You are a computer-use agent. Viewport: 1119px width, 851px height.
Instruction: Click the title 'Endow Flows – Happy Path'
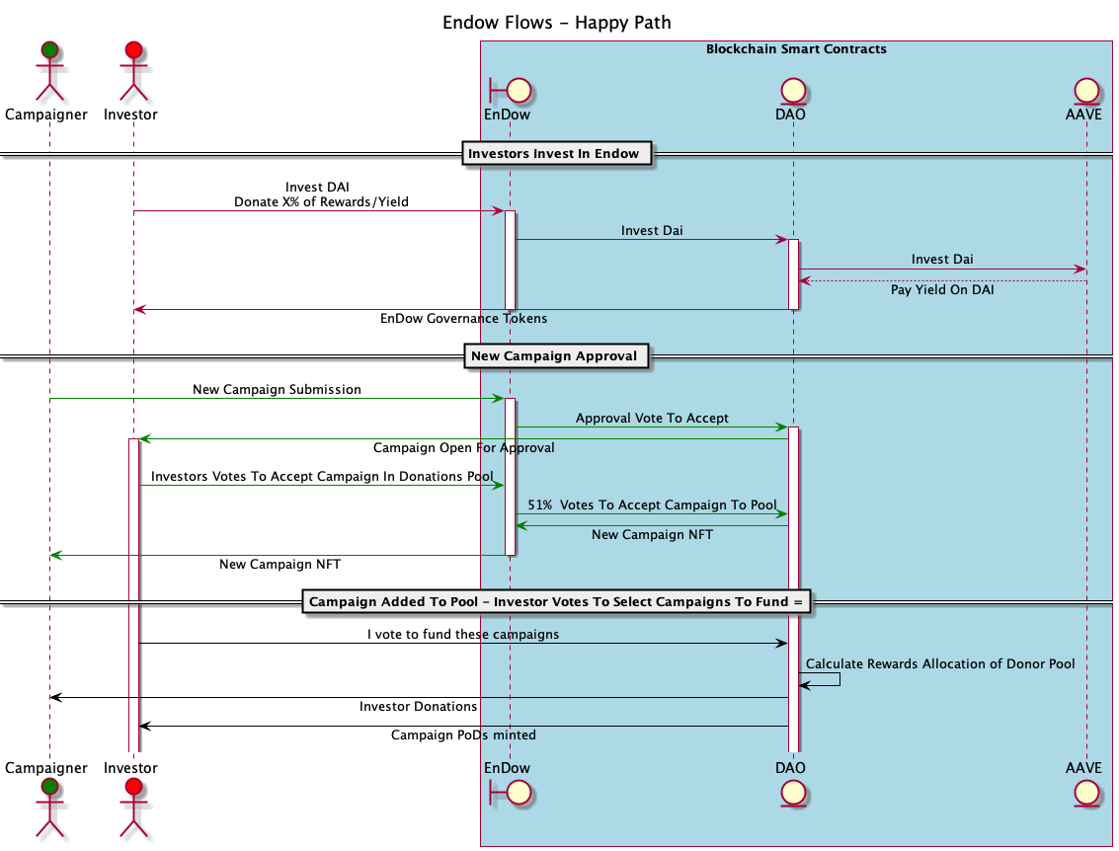[x=558, y=22]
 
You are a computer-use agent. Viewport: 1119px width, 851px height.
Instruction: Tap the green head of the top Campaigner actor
[x=48, y=49]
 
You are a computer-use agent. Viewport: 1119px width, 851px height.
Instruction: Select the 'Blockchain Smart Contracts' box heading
[x=796, y=48]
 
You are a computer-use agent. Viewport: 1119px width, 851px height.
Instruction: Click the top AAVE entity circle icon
[x=1085, y=91]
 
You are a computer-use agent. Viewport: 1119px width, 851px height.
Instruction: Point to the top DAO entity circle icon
[x=792, y=91]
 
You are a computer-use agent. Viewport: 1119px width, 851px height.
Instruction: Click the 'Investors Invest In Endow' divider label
[x=553, y=153]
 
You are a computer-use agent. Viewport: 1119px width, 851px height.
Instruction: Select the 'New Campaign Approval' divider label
[x=554, y=355]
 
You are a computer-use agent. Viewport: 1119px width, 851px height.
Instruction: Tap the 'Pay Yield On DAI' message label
[x=941, y=290]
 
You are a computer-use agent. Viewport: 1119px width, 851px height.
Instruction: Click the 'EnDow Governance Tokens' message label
[x=463, y=319]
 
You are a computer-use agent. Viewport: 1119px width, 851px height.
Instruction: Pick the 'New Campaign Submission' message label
[x=277, y=389]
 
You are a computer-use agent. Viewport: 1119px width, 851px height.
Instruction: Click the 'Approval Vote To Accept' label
[x=652, y=418]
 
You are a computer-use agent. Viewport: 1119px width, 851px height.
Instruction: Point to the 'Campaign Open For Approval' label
[x=463, y=447]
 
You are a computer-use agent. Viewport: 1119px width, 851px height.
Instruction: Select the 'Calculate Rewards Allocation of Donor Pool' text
[x=940, y=663]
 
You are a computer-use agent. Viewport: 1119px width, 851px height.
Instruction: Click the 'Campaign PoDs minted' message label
[x=463, y=735]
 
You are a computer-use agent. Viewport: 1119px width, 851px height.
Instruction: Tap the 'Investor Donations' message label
[x=418, y=706]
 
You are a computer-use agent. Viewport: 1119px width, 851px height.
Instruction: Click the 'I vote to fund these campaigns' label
[x=463, y=634]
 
